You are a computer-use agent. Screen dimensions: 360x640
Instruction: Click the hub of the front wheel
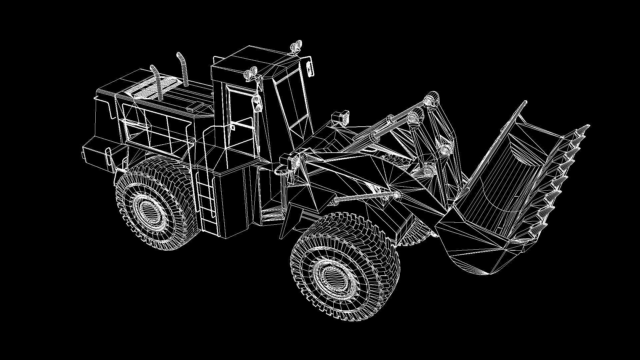[331, 277]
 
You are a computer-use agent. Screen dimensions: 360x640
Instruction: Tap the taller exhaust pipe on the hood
[183, 68]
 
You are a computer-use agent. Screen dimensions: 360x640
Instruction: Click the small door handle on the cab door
[233, 127]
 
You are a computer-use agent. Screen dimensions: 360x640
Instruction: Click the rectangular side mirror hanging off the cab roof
[310, 68]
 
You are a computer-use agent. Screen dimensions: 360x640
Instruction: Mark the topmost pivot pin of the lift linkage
[432, 99]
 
